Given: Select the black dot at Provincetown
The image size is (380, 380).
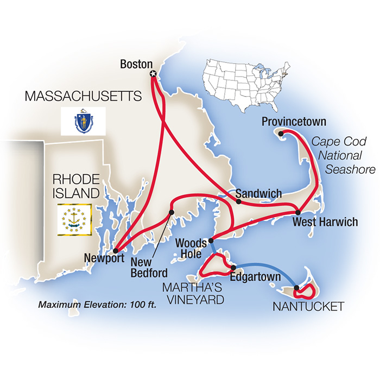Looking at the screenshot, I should click(281, 134).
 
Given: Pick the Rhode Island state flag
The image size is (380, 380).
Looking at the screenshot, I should click(75, 219).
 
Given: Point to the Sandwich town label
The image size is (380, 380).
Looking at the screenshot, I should click(258, 193).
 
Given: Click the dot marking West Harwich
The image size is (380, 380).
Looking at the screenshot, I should click(297, 211).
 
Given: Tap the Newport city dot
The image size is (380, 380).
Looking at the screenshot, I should click(115, 251).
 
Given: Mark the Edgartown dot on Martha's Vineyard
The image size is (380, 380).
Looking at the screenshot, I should click(233, 268).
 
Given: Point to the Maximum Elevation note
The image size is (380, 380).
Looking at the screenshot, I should click(97, 304).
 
